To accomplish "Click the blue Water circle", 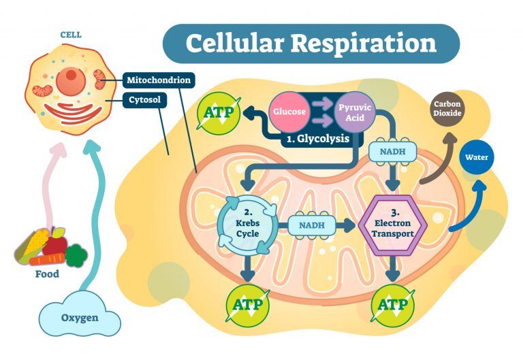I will tap(477, 157).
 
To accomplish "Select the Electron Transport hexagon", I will tap(396, 225).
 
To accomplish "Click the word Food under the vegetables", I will tap(47, 274).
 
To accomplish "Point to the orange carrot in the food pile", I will tap(48, 259).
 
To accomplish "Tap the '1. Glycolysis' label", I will tap(317, 138).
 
